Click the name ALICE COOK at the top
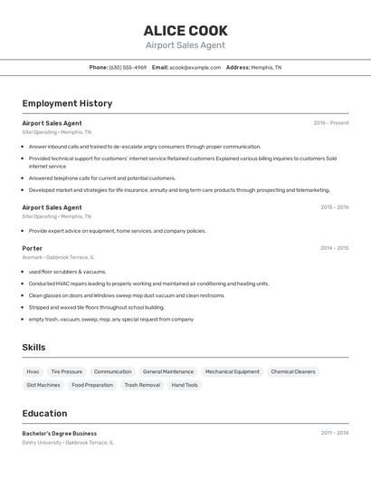[x=185, y=31]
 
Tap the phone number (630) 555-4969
[x=128, y=67]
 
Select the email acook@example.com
[x=195, y=67]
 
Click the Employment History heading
[x=67, y=103]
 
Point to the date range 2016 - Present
[x=330, y=123]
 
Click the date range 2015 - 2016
[x=334, y=207]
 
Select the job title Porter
[x=33, y=248]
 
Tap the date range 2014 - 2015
[x=334, y=248]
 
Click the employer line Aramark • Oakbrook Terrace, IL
[x=58, y=257]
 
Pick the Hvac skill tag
[x=33, y=371]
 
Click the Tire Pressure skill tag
[x=66, y=371]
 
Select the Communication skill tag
[x=112, y=371]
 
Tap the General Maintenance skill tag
[x=167, y=371]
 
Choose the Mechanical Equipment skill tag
[x=232, y=371]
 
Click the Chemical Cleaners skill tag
[x=293, y=371]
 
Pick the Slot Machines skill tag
[x=43, y=385]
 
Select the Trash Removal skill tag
[x=142, y=385]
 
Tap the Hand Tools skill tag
[x=185, y=385]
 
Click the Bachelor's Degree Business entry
[x=60, y=433]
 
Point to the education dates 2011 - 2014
[x=334, y=433]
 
